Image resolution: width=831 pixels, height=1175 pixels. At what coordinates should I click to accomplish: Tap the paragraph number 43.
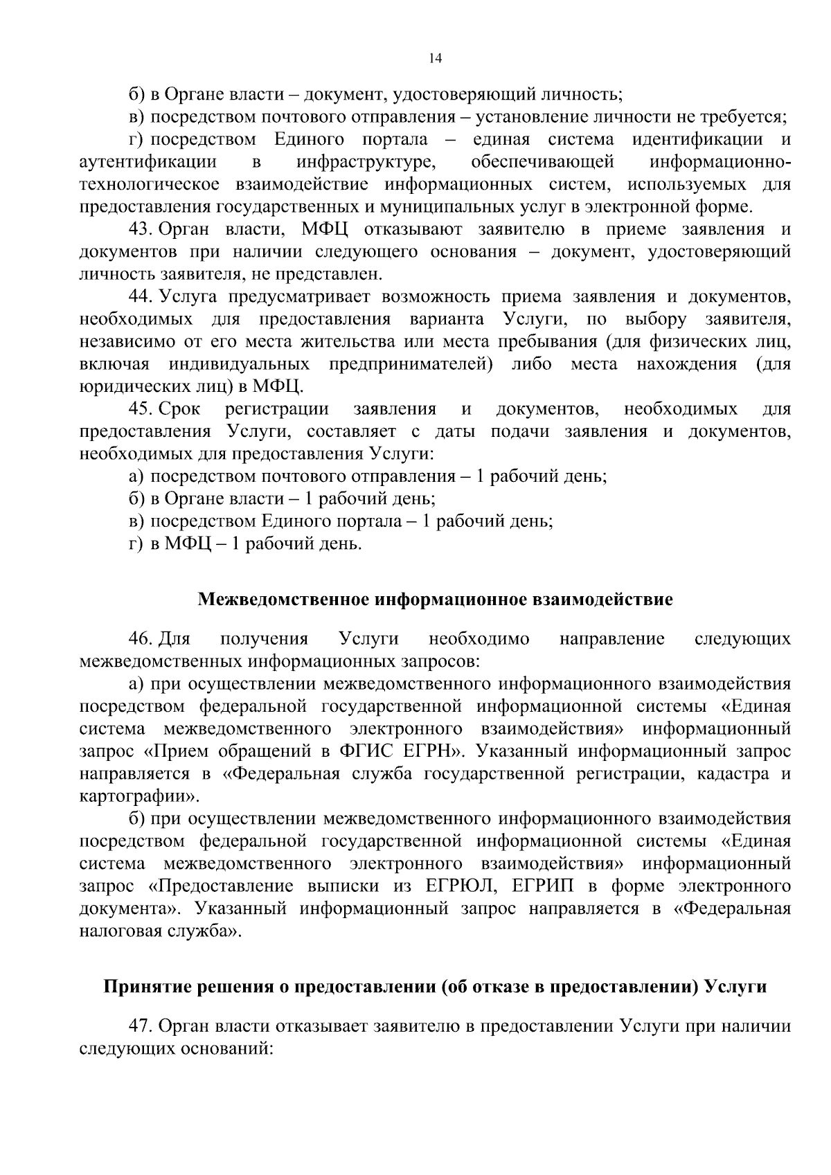(139, 229)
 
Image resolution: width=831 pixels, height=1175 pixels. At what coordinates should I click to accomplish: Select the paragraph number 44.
(141, 296)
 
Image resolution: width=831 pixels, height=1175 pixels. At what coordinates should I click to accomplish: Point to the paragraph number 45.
(141, 409)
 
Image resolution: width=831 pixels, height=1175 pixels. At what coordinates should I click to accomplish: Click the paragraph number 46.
(141, 638)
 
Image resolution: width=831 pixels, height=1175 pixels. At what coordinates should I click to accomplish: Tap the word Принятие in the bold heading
(143, 986)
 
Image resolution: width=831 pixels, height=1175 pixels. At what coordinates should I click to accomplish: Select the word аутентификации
(148, 162)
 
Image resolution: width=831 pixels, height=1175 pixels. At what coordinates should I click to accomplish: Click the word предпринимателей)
(411, 364)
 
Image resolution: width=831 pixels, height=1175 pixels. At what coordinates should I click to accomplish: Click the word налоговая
(118, 931)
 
